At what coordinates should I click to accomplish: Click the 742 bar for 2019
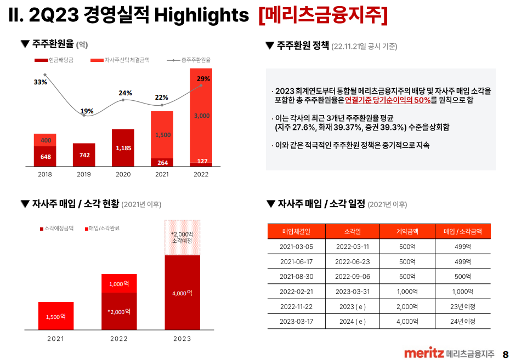84,155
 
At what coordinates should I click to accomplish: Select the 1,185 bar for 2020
123,148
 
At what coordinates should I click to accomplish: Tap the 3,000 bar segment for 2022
201,116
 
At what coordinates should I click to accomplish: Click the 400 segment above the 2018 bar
45,140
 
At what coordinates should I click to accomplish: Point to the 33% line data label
40,82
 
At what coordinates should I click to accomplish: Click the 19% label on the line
87,111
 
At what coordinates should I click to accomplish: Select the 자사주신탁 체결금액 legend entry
123,60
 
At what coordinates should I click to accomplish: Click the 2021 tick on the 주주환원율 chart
162,174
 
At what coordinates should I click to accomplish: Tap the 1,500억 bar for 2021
56,316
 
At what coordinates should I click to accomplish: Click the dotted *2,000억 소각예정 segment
182,237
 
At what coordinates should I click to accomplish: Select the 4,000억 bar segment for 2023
182,293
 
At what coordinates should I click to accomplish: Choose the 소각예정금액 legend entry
57,228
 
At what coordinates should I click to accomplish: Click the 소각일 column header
353,231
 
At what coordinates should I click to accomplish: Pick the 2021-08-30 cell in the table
296,276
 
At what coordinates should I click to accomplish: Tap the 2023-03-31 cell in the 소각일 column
353,292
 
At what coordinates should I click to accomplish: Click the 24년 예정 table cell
462,321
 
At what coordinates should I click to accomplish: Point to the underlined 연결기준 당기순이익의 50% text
387,100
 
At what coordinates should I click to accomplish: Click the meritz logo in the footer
423,353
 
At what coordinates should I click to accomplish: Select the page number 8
506,354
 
